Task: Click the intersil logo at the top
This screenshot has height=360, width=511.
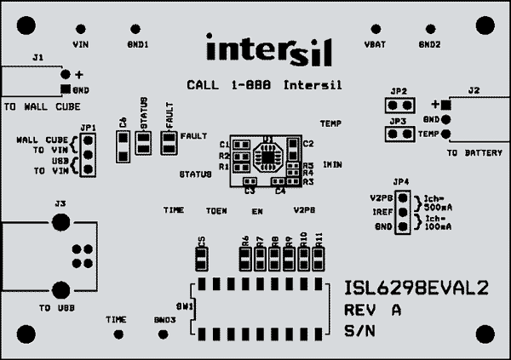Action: [267, 50]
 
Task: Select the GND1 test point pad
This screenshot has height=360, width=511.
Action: [135, 27]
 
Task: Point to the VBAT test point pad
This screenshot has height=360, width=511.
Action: [371, 27]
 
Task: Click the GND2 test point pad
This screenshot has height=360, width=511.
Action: [428, 27]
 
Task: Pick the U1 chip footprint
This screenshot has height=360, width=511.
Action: [267, 156]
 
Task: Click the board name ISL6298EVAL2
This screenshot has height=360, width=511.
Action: [416, 289]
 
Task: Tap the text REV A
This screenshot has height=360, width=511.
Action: [373, 310]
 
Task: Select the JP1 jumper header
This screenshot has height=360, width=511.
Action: [86, 156]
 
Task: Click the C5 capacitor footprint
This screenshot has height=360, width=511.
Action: [202, 257]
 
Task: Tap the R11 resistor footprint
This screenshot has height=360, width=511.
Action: [319, 257]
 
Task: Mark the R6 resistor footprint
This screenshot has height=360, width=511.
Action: [245, 257]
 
